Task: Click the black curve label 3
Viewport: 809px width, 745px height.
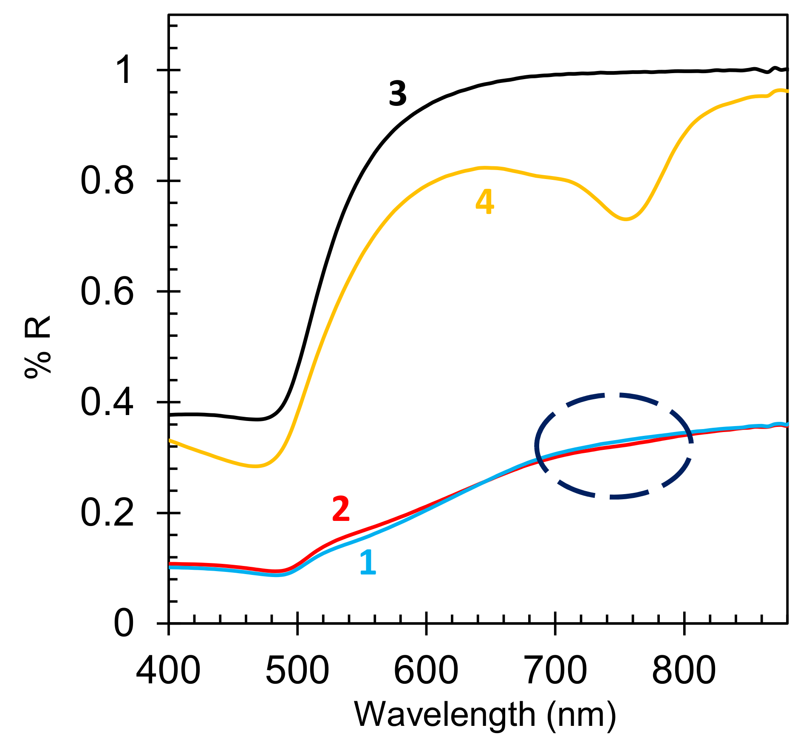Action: click(398, 94)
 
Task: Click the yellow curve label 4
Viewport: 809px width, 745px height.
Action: click(484, 202)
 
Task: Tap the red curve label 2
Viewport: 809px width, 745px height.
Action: click(341, 509)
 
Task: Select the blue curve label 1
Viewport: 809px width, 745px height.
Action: click(368, 563)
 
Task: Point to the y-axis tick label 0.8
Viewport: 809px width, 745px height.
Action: click(107, 181)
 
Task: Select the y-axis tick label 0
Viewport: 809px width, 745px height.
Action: click(124, 624)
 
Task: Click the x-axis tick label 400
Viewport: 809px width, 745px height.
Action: click(168, 671)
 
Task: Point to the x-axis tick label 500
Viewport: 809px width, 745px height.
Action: click(297, 671)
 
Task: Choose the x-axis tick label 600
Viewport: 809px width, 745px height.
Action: click(426, 671)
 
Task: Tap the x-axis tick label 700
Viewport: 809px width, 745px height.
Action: click(555, 671)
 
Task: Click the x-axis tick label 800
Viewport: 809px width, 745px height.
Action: click(684, 671)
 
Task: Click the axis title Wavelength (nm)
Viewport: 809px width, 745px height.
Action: click(485, 716)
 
